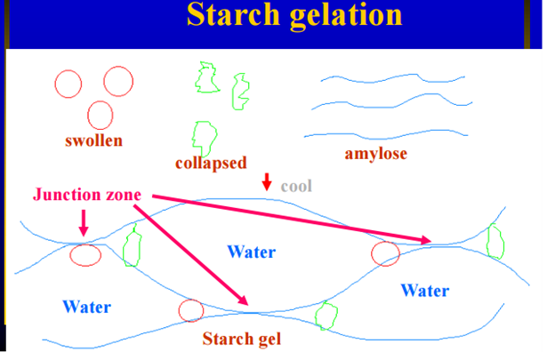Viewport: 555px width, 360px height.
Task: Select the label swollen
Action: click(93, 140)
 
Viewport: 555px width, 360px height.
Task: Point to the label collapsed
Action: click(211, 163)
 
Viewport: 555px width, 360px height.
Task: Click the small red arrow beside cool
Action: click(266, 182)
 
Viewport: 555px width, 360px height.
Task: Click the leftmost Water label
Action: click(86, 307)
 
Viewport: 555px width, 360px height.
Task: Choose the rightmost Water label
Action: click(424, 290)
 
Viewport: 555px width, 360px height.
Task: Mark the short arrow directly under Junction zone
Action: click(84, 222)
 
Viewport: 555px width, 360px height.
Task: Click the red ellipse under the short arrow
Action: click(85, 255)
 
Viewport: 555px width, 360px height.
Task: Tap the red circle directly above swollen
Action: click(100, 115)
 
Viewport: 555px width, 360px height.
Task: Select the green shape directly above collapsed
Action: click(205, 133)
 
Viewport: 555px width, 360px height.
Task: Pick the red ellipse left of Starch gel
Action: click(191, 310)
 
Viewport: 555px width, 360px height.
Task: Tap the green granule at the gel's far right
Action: click(495, 239)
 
